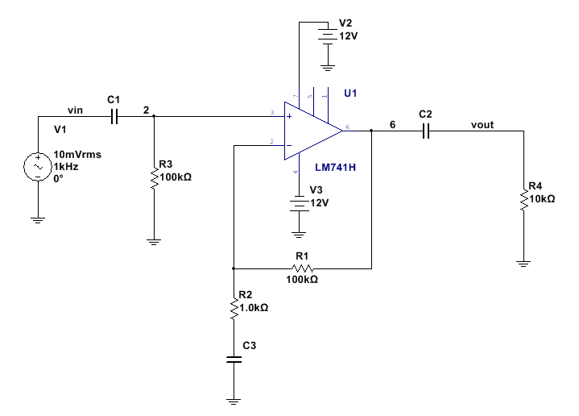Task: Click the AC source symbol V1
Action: (x=38, y=167)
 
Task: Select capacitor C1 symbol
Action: (x=114, y=117)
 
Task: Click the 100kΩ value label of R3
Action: (x=176, y=177)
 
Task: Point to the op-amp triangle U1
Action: (x=314, y=129)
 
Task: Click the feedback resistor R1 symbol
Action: (x=302, y=268)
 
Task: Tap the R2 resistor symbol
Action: (x=234, y=307)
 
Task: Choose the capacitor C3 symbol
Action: (x=234, y=360)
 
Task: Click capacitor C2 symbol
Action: (x=427, y=129)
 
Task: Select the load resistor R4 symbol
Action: (x=524, y=197)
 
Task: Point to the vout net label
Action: (x=482, y=124)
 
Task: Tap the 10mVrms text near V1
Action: (x=79, y=154)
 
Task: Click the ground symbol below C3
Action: (x=234, y=398)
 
